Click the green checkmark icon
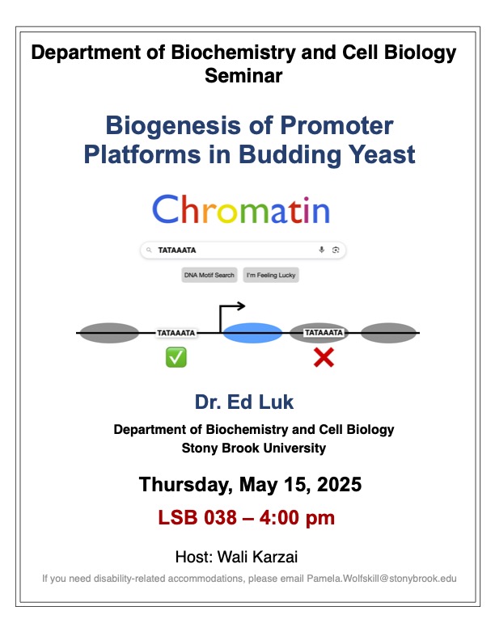[x=176, y=357]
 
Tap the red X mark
[x=324, y=357]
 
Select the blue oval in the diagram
[x=252, y=333]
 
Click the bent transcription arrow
[x=231, y=313]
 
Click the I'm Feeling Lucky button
[x=271, y=276]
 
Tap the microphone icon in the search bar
[x=322, y=251]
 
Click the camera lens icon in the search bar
[x=336, y=251]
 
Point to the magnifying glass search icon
[x=149, y=251]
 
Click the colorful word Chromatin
[x=241, y=209]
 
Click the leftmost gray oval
[x=108, y=332]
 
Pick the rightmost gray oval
[x=389, y=332]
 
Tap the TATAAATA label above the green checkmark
[x=176, y=332]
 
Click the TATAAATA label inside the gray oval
[x=324, y=332]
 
